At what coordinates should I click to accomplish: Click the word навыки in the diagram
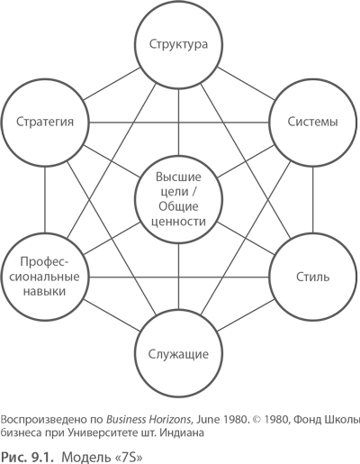44,291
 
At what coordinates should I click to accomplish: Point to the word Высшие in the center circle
178,177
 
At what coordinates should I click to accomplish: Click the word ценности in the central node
178,222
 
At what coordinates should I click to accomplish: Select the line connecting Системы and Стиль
313,200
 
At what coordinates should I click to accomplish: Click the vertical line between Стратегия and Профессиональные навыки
45,200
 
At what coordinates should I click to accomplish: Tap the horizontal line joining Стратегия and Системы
179,123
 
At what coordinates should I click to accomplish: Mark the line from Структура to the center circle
179,122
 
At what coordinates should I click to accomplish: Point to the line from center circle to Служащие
179,277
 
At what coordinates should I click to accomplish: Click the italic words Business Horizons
148,419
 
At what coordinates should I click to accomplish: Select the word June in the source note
208,419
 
